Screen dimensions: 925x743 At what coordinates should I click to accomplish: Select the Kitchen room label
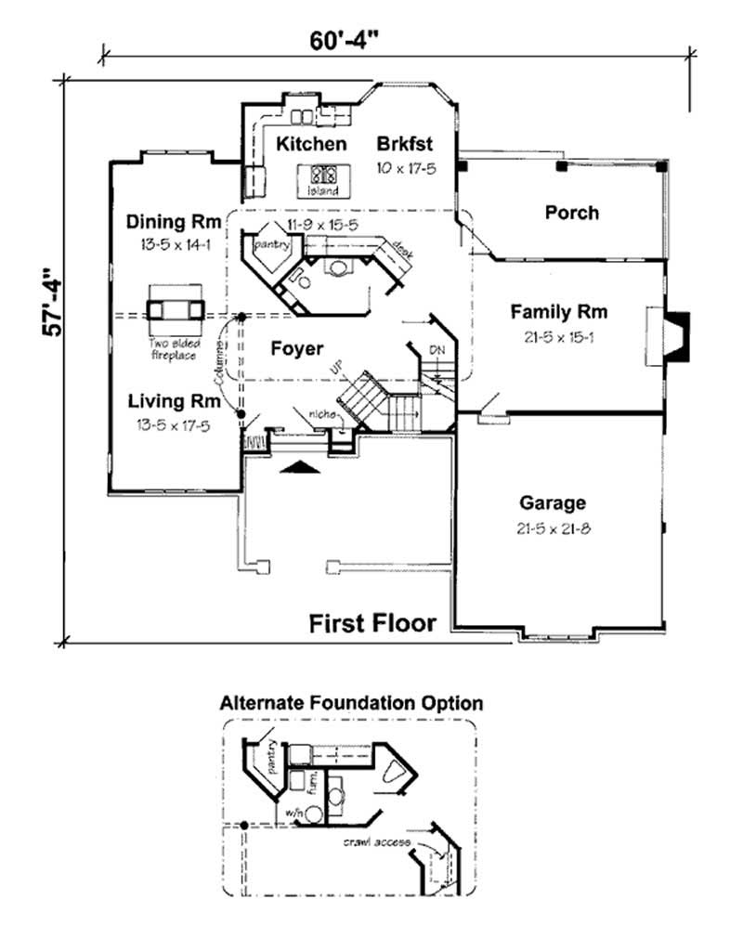click(312, 144)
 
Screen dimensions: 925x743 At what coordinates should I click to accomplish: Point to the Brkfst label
click(406, 144)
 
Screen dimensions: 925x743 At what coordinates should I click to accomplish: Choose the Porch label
click(571, 213)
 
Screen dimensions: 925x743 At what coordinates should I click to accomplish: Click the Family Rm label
click(558, 312)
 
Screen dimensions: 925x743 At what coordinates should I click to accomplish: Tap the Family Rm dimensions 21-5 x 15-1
click(558, 336)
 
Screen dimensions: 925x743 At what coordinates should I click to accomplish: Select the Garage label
click(552, 503)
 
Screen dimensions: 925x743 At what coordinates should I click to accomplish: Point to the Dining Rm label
click(174, 222)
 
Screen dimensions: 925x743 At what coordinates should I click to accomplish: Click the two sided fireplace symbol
click(174, 310)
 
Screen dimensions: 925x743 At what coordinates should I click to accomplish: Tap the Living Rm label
click(174, 401)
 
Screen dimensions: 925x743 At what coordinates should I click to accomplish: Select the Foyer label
click(296, 349)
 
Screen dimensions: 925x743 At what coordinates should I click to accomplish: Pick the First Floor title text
click(372, 622)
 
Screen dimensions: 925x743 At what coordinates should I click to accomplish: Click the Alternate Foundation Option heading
click(351, 702)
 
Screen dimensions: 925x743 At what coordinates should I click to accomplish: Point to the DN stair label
click(437, 350)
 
